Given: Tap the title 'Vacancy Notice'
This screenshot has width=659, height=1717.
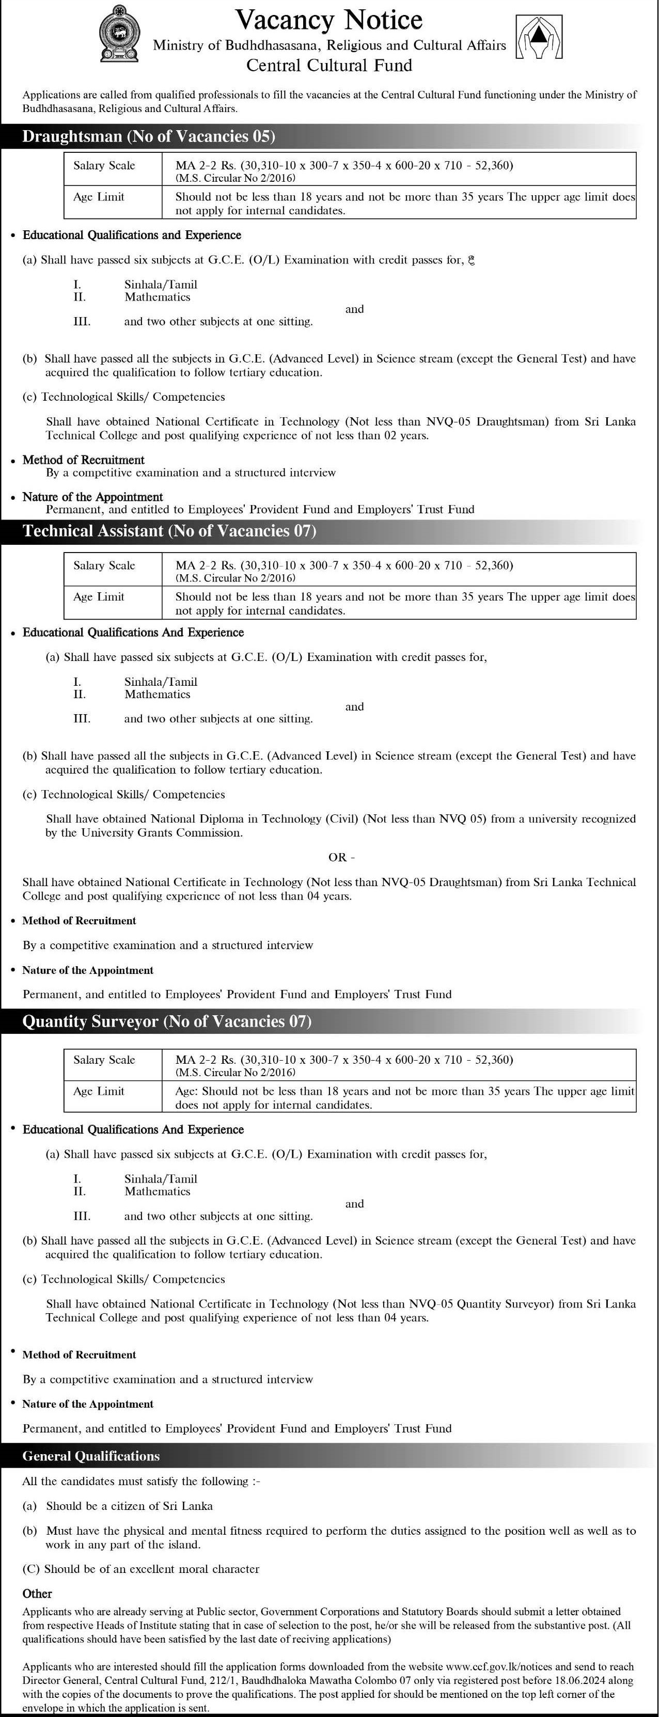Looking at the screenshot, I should pyautogui.click(x=329, y=20).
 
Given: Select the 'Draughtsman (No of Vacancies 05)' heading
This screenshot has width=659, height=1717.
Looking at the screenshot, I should pyautogui.click(x=149, y=137).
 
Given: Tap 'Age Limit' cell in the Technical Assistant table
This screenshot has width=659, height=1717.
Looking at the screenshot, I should pyautogui.click(x=99, y=596).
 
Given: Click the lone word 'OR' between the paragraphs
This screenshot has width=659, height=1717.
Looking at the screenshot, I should pyautogui.click(x=338, y=857).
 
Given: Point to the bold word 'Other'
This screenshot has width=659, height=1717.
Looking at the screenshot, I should pyautogui.click(x=37, y=1594).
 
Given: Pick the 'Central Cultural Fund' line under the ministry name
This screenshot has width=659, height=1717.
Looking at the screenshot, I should pyautogui.click(x=329, y=65).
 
